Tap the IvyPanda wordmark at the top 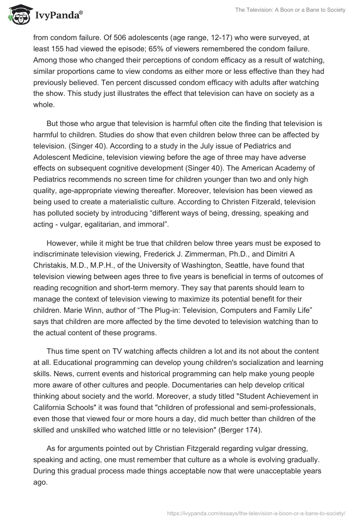58,15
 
